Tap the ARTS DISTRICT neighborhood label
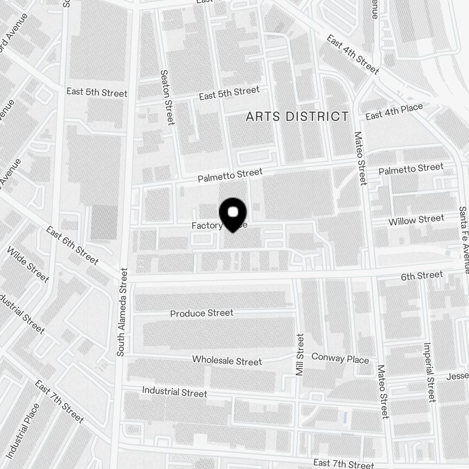[x=297, y=116]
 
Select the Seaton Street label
[x=167, y=98]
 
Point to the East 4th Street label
[x=353, y=55]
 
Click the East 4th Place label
[x=394, y=112]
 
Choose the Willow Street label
[x=416, y=219]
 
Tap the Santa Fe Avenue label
[x=463, y=239]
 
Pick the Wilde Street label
[x=28, y=264]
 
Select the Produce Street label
[x=201, y=313]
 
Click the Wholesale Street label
[x=227, y=361]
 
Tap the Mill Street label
[x=300, y=355]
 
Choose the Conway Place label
[x=340, y=359]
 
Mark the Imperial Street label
[x=429, y=372]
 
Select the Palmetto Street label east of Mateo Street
[x=411, y=168]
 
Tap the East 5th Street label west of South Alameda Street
[x=97, y=92]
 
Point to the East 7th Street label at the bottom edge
[x=344, y=463]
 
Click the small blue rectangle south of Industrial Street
[x=346, y=417]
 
